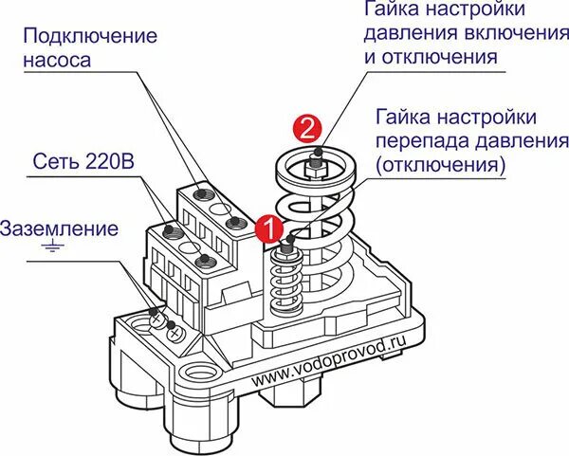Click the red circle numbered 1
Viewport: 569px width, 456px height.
pos(269,228)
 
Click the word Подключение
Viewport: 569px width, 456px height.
pos(90,36)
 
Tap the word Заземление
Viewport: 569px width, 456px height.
pos(59,228)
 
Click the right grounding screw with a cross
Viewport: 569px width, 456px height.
pos(174,334)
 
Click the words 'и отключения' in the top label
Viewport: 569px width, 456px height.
pos(431,57)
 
